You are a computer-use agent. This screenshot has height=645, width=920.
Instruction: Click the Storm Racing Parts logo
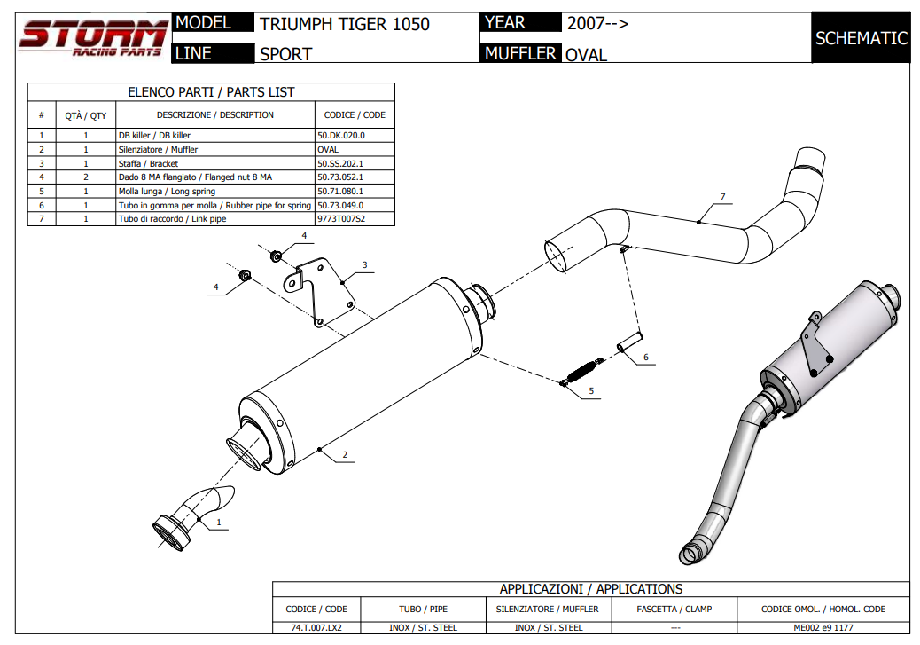(x=93, y=38)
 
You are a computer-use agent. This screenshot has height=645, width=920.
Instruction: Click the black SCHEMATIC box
(x=861, y=38)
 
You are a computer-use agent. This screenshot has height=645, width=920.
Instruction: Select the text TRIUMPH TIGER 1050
(x=345, y=24)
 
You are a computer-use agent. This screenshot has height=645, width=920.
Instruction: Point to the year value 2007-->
(x=597, y=23)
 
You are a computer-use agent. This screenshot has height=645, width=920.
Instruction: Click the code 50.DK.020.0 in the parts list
(x=341, y=136)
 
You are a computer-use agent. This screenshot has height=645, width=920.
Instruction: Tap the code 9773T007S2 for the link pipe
(x=341, y=219)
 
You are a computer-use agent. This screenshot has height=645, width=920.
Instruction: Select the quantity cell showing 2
(x=86, y=177)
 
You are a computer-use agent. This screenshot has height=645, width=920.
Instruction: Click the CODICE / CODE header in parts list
(x=355, y=115)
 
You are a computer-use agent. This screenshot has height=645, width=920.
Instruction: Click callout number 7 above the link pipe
(x=722, y=196)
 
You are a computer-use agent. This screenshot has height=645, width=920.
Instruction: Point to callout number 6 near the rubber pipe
(x=645, y=358)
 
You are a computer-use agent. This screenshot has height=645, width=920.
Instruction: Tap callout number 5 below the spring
(x=591, y=390)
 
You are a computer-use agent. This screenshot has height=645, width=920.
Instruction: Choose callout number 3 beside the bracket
(x=364, y=264)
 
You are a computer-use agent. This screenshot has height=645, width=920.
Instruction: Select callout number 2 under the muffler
(x=345, y=455)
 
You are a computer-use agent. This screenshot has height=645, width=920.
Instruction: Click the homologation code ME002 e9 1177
(x=823, y=627)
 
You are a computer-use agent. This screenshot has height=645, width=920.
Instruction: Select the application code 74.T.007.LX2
(x=316, y=627)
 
